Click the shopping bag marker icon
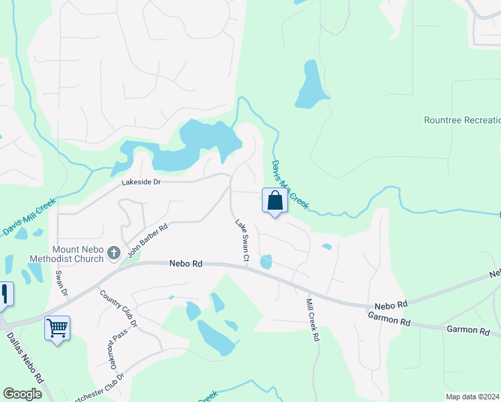click(x=275, y=200)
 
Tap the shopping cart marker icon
click(x=57, y=328)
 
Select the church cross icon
click(x=114, y=253)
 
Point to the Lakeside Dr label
click(x=141, y=182)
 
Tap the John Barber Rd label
click(x=147, y=240)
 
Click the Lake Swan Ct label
click(x=242, y=239)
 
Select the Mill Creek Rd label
click(x=312, y=320)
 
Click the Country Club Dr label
click(x=118, y=308)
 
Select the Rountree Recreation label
click(x=462, y=121)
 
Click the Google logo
click(x=23, y=394)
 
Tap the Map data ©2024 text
click(x=473, y=396)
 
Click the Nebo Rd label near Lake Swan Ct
click(x=186, y=264)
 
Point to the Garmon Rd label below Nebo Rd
click(x=388, y=322)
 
